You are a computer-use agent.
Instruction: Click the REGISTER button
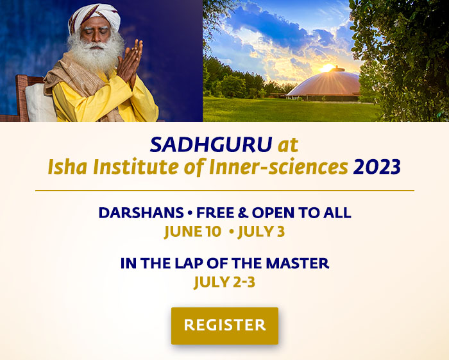224,325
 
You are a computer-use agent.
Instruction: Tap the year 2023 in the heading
377,167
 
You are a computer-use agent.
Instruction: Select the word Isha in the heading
67,167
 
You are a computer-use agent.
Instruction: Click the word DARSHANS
133,212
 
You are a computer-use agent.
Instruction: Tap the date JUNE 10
192,231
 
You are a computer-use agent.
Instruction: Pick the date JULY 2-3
224,281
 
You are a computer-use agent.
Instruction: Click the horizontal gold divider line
224,191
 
